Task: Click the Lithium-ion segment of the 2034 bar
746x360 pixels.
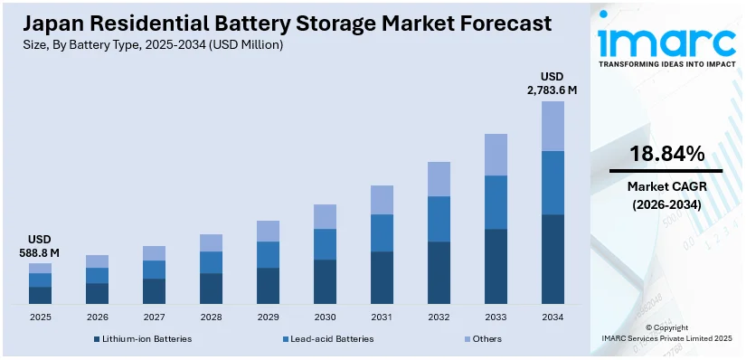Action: click(552, 259)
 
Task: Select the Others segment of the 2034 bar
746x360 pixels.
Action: click(552, 126)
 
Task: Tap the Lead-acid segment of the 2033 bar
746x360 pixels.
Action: click(496, 202)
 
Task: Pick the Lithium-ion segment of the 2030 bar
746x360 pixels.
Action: click(325, 281)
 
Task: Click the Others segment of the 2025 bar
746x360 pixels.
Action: click(40, 268)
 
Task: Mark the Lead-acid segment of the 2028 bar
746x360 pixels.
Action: click(211, 262)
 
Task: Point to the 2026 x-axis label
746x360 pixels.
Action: click(97, 317)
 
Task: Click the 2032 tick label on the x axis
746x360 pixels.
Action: click(439, 317)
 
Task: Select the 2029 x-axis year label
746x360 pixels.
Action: click(268, 317)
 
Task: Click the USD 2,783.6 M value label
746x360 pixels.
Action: click(552, 83)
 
